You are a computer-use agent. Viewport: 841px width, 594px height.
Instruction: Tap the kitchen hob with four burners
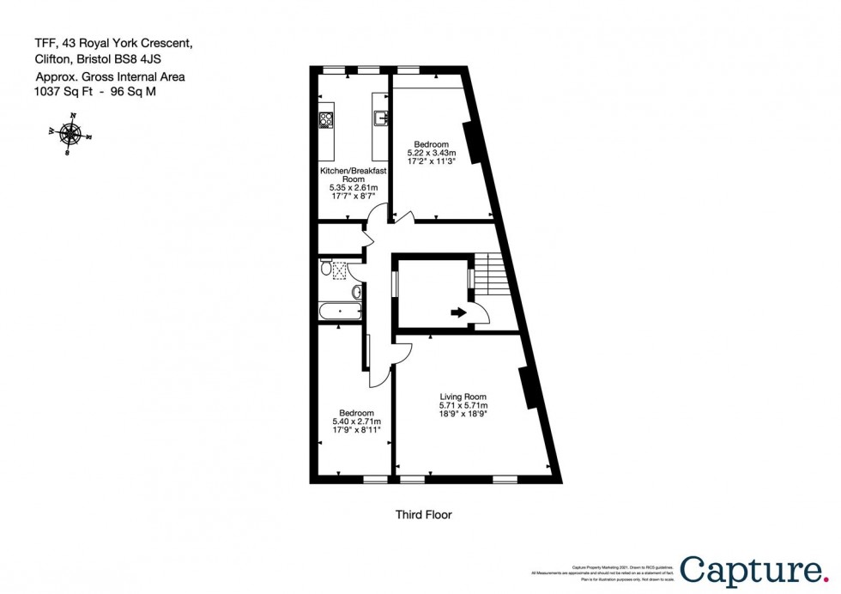click(x=326, y=120)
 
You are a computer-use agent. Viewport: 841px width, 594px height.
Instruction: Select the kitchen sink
click(x=380, y=114)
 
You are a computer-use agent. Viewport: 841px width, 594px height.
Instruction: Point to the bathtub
click(x=340, y=310)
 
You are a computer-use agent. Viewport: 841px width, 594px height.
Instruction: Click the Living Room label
click(x=463, y=396)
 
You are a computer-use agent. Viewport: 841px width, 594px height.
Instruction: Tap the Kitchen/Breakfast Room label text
click(x=354, y=175)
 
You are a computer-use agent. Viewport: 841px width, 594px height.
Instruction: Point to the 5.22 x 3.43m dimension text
click(x=430, y=152)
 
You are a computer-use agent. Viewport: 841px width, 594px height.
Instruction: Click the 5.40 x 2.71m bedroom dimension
click(x=356, y=421)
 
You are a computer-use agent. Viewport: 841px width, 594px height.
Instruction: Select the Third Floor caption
click(x=423, y=515)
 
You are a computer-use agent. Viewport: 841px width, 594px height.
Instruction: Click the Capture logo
click(x=751, y=569)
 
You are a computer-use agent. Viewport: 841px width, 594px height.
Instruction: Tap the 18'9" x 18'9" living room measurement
click(x=463, y=415)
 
